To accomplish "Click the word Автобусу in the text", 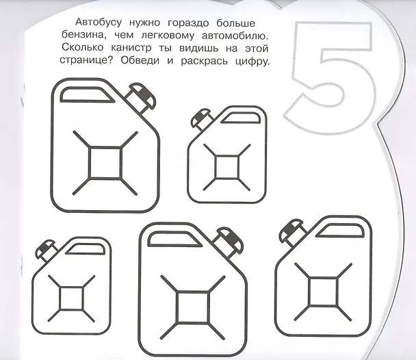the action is click(99, 23).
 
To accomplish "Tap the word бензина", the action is click(84, 36).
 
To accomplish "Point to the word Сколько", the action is click(83, 48).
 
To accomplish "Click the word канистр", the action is click(131, 49).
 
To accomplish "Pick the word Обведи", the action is click(140, 60).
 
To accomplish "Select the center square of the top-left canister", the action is click(105, 163).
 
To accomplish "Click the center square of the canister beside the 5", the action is click(227, 167).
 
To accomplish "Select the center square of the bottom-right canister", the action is click(323, 292).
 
